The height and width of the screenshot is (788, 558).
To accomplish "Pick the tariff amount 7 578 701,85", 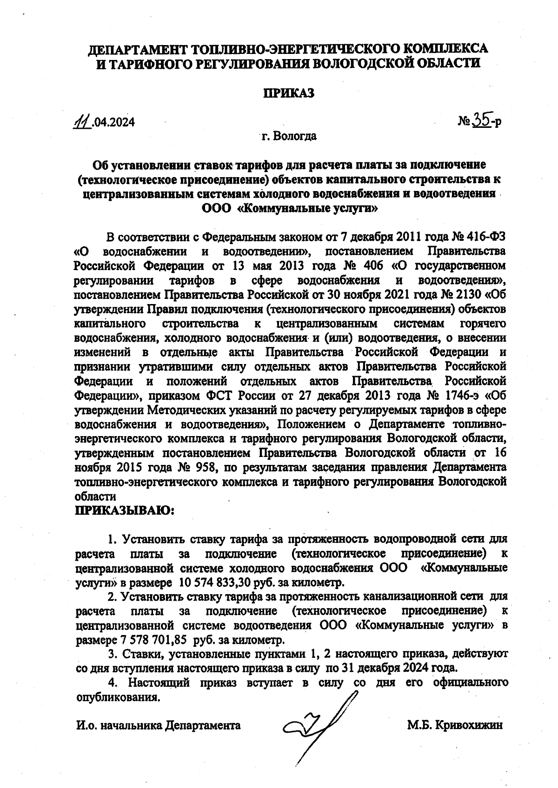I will tap(148, 640).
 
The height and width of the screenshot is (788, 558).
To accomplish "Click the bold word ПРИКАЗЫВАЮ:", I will tap(125, 511).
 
